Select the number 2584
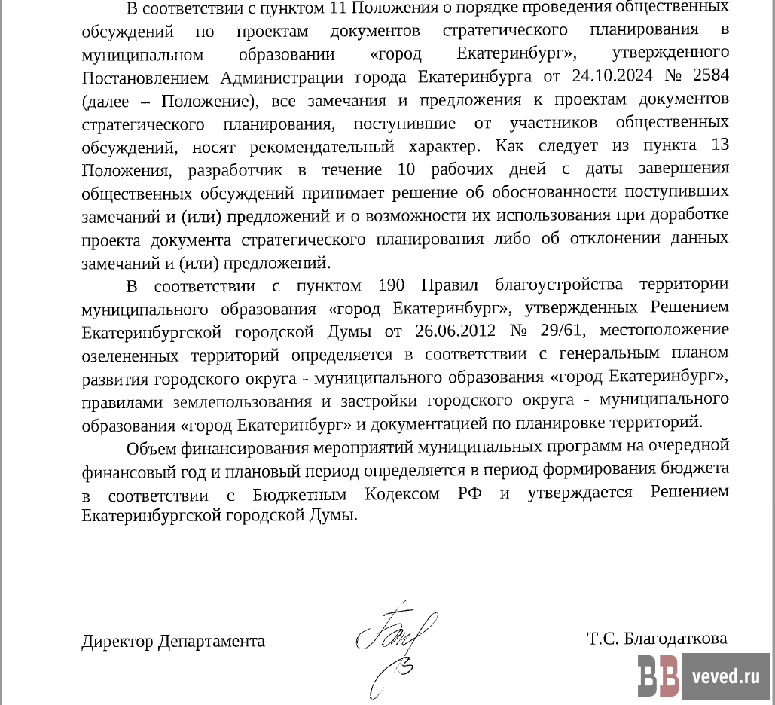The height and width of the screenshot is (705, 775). click(x=709, y=77)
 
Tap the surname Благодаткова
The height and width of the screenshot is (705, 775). click(x=675, y=639)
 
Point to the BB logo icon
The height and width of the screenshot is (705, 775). click(x=658, y=674)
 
